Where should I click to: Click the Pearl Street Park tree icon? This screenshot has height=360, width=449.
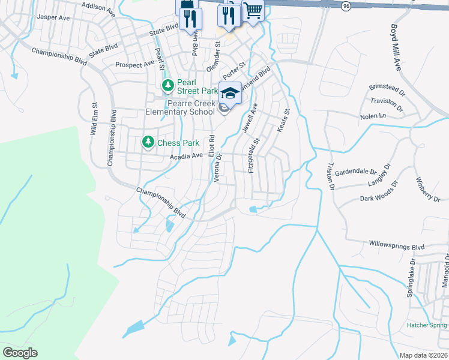(167, 86)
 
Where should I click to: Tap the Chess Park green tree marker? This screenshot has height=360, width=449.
(148, 142)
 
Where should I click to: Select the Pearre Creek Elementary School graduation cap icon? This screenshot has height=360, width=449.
(230, 92)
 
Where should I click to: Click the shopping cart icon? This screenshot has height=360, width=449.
(253, 10)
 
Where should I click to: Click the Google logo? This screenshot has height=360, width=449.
(20, 353)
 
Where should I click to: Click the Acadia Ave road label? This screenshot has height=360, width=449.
(186, 156)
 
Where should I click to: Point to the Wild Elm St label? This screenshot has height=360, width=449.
(94, 118)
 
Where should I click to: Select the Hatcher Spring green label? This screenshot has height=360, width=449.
(426, 325)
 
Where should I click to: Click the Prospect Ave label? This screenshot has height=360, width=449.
(134, 64)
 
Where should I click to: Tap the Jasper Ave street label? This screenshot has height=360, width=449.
(53, 17)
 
